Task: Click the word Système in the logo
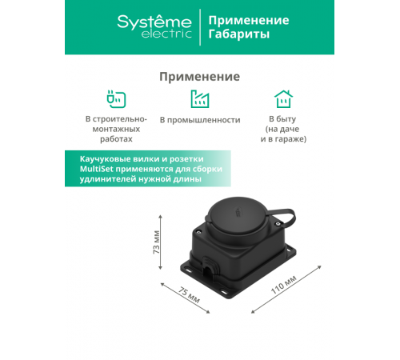point(154,22)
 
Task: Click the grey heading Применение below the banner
point(199,77)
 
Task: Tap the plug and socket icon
point(116,99)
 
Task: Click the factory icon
point(199,99)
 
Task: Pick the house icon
point(283,99)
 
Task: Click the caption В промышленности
point(200,120)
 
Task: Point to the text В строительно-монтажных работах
point(116,129)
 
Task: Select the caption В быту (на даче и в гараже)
point(283,129)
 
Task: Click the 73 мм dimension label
point(158,249)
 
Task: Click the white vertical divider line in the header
point(198,27)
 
